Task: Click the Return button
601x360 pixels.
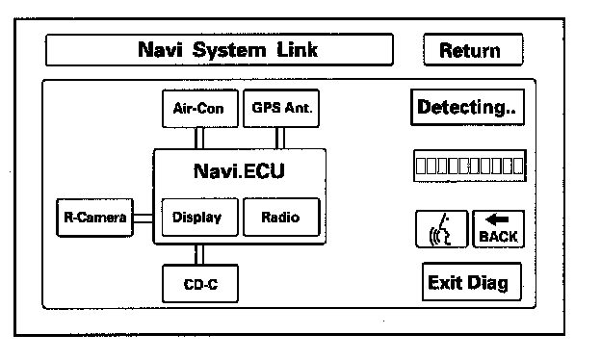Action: coord(473,50)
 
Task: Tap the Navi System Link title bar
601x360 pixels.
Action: coord(220,50)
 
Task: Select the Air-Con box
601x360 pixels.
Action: coord(200,109)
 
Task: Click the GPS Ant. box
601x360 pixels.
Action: coord(281,108)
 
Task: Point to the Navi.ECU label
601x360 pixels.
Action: coord(239,170)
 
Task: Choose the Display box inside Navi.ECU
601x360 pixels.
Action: coord(200,218)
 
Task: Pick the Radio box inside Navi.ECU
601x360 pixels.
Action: coord(281,218)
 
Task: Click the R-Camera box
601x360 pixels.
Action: coord(94,218)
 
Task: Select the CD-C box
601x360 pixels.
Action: coord(200,284)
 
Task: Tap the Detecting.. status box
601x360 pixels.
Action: coord(468,107)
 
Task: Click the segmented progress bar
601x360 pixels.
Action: coord(470,166)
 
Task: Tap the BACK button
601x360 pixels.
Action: coord(499,229)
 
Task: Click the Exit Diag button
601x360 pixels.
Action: coord(472,282)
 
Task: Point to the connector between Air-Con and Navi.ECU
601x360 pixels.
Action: coord(199,139)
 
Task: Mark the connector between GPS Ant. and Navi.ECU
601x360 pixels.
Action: coord(280,139)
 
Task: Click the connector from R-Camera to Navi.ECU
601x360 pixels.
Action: coord(144,219)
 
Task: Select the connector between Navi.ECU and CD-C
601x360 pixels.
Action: coord(199,254)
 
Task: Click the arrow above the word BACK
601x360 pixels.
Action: coord(497,219)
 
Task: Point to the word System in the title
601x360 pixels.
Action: coord(229,50)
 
